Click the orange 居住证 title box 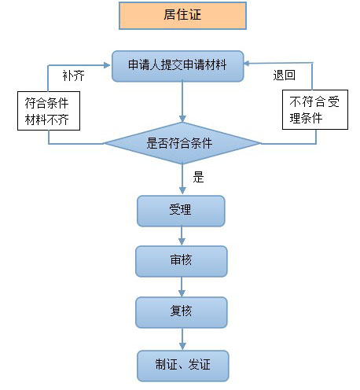point(182,16)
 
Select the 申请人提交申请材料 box point(178,66)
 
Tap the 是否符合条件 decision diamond point(182,143)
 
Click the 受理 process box point(181,211)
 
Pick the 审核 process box point(182,261)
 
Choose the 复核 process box point(182,312)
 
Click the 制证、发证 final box point(183,366)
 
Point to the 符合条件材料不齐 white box point(49,111)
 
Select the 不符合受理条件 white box point(315,109)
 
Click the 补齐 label point(73,75)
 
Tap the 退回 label point(285,75)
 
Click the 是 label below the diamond point(198,177)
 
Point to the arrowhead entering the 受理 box point(182,191)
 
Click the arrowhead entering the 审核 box point(182,241)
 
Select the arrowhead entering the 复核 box point(182,292)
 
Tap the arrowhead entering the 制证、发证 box point(182,346)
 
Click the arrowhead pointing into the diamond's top point(182,119)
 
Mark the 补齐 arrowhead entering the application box point(108,65)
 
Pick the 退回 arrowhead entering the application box point(247,63)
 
